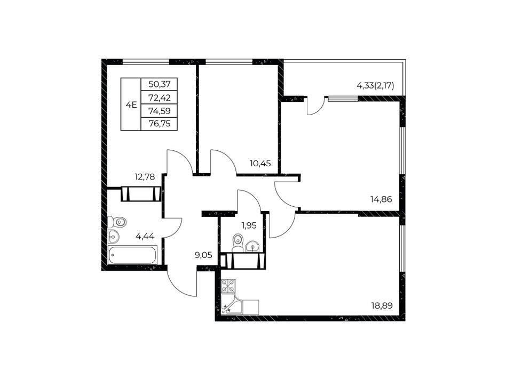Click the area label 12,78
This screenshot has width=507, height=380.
coord(145,177)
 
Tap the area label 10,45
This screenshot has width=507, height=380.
coord(260,164)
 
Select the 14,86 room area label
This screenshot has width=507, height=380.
coord(381,199)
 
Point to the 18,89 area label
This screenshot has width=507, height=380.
coord(382,305)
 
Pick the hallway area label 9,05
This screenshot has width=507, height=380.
coord(203,255)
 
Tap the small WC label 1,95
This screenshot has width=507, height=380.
coord(249,225)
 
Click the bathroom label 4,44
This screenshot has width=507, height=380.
coord(145,237)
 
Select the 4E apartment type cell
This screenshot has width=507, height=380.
coord(131,104)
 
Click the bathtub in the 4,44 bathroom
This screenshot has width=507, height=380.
coord(132,255)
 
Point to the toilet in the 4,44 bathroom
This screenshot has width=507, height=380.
coord(117,222)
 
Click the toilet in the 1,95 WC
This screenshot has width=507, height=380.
coord(238,242)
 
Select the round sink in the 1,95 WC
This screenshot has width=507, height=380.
coord(252,247)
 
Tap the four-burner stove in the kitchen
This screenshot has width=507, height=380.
coord(228,286)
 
